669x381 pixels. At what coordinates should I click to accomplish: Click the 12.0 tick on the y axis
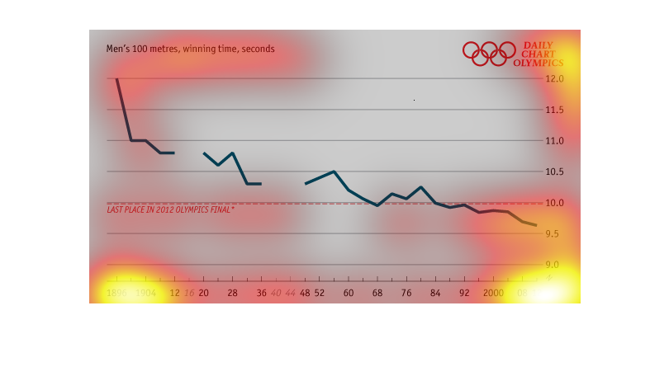554,79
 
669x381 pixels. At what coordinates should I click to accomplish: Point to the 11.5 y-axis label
554,110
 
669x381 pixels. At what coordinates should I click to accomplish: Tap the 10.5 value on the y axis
554,172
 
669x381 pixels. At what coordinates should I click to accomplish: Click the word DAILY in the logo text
538,45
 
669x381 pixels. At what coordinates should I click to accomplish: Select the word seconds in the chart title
258,49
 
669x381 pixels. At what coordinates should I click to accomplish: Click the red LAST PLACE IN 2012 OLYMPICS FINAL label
170,210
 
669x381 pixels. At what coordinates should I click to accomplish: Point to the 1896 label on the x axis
116,293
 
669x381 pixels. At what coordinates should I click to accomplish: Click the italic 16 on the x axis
189,293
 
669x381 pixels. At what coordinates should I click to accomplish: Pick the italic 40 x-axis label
276,293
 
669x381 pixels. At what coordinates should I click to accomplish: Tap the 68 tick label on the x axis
377,293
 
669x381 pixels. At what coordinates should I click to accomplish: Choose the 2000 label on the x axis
494,293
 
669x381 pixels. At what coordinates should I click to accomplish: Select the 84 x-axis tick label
435,293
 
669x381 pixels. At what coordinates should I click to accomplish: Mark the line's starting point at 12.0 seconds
116,79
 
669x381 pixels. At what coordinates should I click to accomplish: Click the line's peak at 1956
334,172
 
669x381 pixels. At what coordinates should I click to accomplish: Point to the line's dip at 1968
377,205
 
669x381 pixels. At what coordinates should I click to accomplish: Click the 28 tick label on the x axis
233,293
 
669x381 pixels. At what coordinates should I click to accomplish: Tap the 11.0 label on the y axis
554,141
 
